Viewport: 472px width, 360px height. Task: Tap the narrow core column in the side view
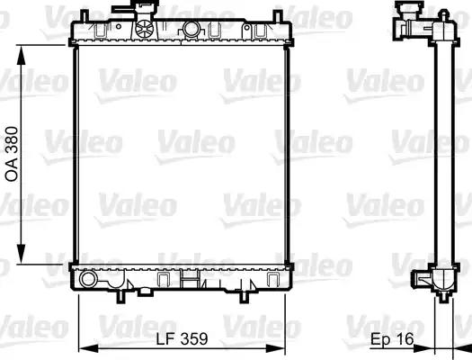pos(441,153)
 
